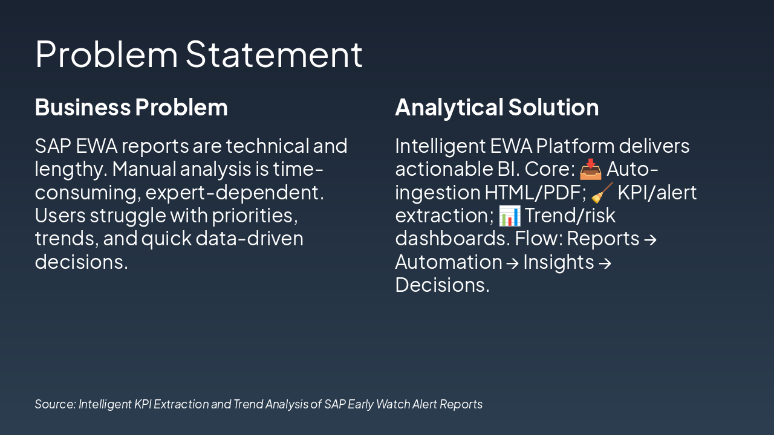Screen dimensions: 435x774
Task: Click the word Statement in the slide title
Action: (x=274, y=54)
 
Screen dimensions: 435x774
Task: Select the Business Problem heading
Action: (x=131, y=107)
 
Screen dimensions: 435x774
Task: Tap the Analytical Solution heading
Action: (x=496, y=107)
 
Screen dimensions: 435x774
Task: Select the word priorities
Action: (x=255, y=215)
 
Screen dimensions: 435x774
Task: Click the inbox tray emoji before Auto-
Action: (x=591, y=170)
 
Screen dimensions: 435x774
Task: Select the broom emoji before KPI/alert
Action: (x=602, y=193)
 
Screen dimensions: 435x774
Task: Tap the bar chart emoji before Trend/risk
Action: (x=510, y=216)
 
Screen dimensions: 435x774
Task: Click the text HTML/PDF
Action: (x=535, y=193)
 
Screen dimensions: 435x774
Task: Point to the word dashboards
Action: (x=452, y=239)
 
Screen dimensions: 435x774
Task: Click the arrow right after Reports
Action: (x=650, y=239)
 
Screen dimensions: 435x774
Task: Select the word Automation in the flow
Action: (x=448, y=262)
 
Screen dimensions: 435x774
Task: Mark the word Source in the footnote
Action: (x=55, y=404)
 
